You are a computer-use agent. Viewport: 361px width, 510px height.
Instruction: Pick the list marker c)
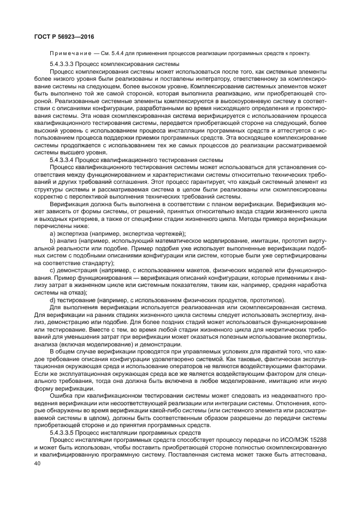click(52, 271)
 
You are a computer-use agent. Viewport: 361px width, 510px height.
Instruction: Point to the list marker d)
click(52, 300)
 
